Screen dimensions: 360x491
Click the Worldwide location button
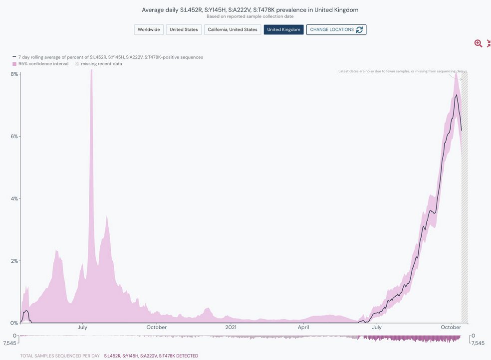tap(149, 29)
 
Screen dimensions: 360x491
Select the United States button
tap(184, 29)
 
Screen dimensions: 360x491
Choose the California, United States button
tap(232, 29)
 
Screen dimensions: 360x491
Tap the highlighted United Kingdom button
tap(283, 29)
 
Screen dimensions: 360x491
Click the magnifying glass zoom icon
tap(478, 43)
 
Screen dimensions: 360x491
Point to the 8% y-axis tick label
tap(14, 74)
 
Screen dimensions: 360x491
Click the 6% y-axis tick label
tap(14, 136)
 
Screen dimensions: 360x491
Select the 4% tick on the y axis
tap(14, 198)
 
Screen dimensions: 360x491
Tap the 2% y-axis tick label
tap(14, 261)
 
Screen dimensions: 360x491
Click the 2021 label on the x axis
tap(231, 327)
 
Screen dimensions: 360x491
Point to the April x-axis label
tap(303, 327)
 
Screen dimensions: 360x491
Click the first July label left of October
tap(83, 327)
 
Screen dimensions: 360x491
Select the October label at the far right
tap(451, 327)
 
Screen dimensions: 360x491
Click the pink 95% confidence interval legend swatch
tap(14, 64)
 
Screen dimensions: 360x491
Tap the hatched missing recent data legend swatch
tap(77, 64)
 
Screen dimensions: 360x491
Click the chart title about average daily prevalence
tap(250, 9)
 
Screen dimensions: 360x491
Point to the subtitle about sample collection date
tap(250, 16)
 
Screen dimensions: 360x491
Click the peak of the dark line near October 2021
tap(456, 94)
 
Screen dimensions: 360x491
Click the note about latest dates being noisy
tap(402, 71)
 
